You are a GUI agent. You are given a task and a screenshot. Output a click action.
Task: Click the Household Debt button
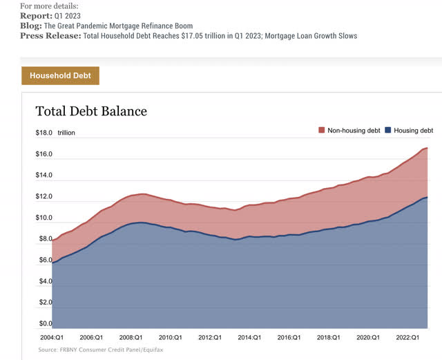click(x=60, y=75)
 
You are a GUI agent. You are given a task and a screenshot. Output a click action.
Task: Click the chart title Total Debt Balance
click(x=91, y=111)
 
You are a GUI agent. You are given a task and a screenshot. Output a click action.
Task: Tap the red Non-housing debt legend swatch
click(x=321, y=130)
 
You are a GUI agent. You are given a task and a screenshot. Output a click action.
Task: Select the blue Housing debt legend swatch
click(x=388, y=130)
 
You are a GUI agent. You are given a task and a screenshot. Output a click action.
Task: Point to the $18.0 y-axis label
click(x=44, y=133)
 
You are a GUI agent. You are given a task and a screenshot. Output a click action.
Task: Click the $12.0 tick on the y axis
click(x=44, y=197)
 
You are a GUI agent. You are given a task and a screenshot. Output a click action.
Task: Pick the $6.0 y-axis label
click(x=44, y=260)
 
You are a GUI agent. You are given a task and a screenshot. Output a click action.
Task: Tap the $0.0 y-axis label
click(x=44, y=323)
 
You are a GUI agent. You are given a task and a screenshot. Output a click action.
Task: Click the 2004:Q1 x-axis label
click(x=51, y=338)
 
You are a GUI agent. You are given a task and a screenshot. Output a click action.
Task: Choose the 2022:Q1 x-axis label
click(x=407, y=338)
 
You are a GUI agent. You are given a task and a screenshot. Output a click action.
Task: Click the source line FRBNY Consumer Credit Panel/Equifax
click(x=102, y=350)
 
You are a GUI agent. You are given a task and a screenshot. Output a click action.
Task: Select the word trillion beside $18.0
click(x=67, y=133)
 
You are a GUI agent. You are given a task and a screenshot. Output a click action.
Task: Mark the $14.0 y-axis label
click(x=44, y=176)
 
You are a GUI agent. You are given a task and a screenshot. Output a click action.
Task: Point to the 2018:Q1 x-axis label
click(x=327, y=338)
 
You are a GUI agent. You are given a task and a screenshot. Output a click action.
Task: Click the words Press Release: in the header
click(x=50, y=35)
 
